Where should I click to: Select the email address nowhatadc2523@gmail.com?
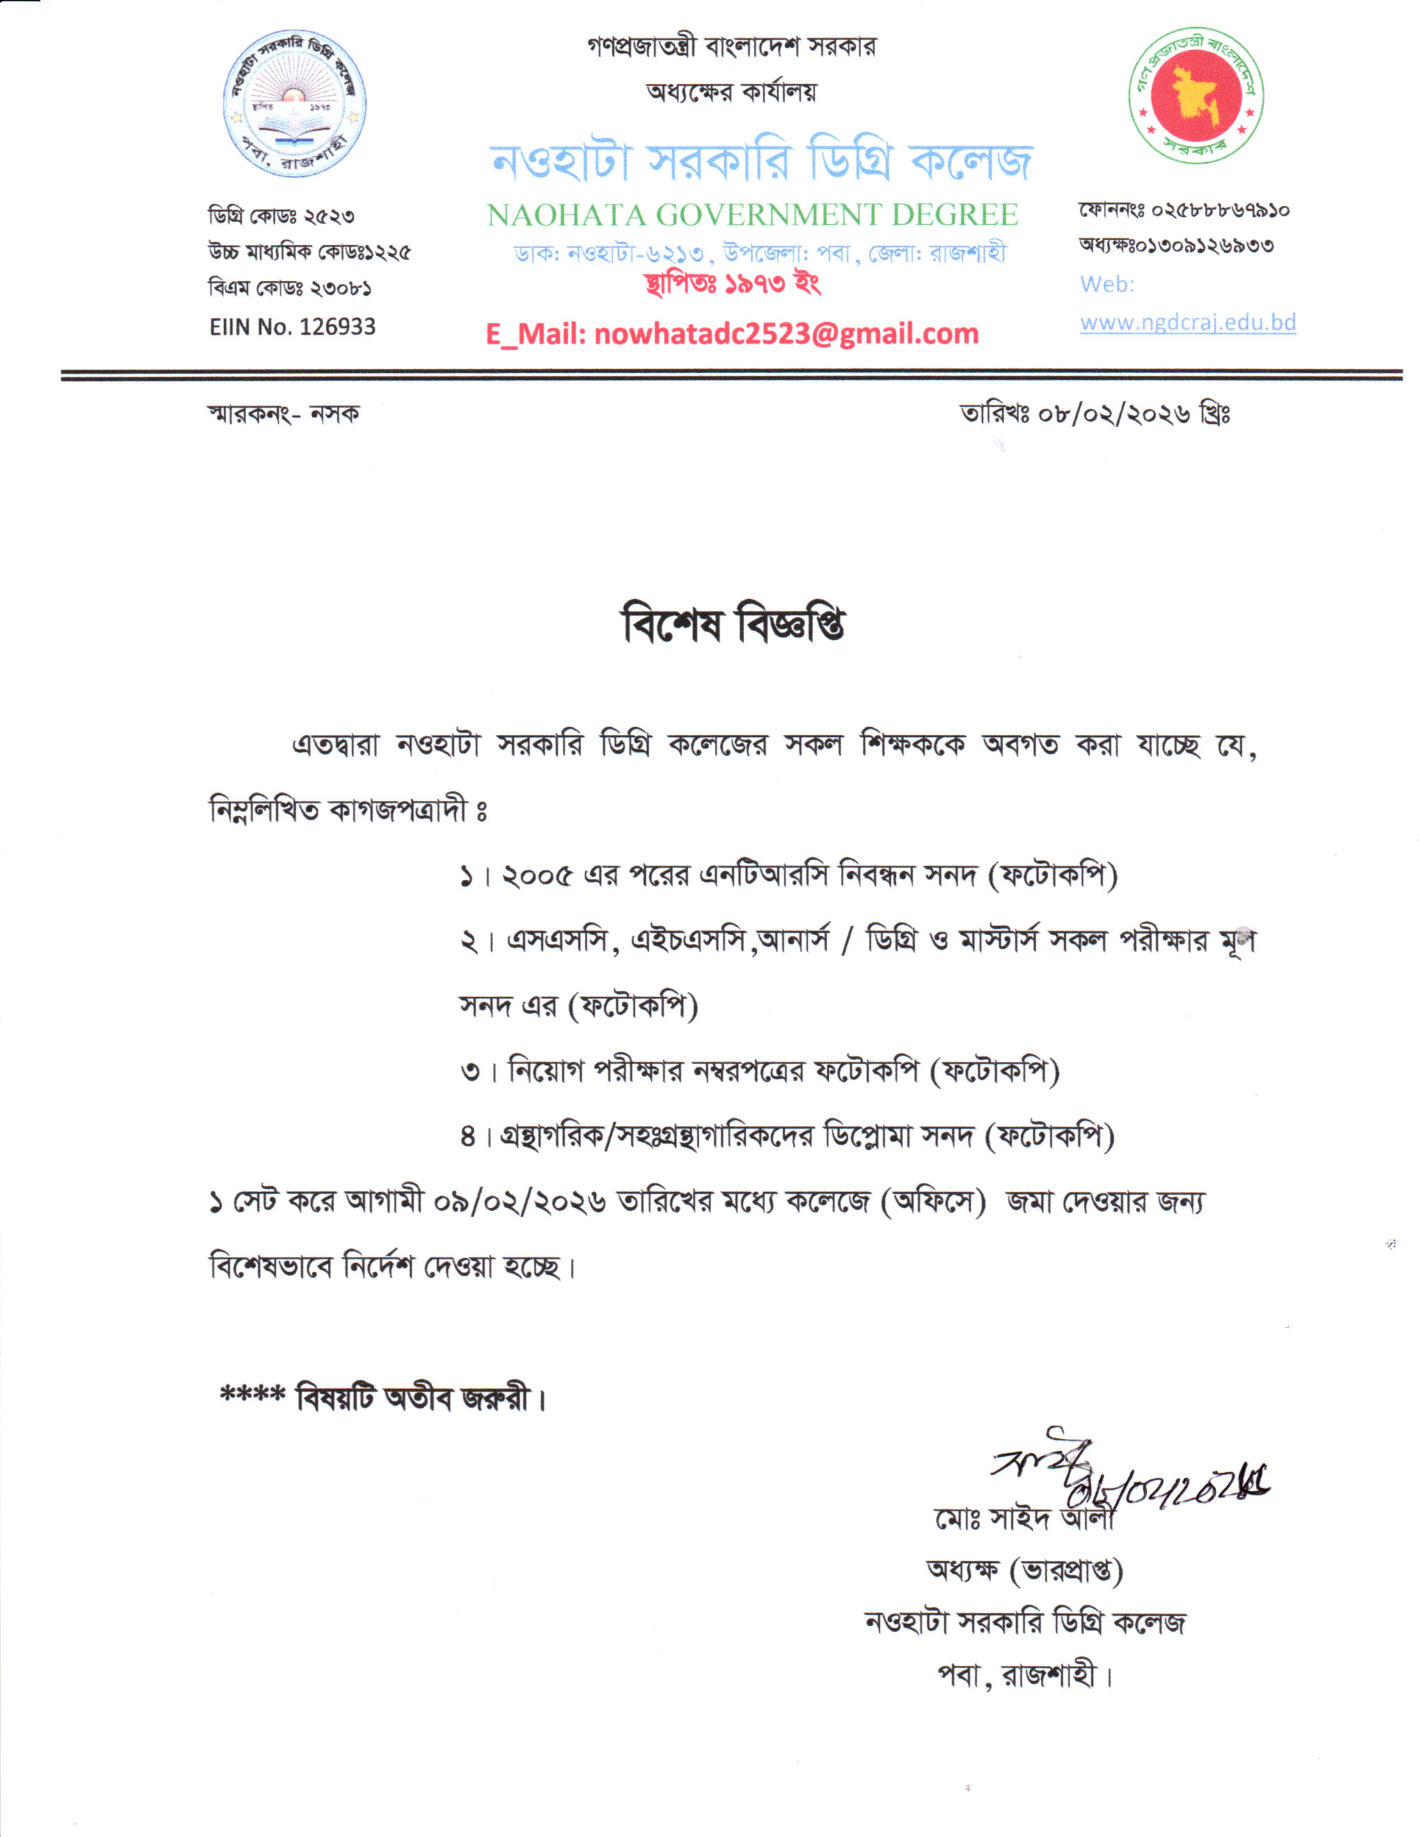point(786,334)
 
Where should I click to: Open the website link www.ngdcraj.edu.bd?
point(1187,322)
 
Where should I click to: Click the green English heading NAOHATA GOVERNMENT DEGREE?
point(752,215)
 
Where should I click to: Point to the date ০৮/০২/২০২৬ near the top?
point(1114,414)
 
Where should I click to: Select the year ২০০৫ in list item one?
point(536,877)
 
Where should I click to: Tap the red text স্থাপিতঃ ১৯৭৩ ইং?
point(732,283)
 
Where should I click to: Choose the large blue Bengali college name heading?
point(762,162)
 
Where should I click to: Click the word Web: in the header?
point(1107,285)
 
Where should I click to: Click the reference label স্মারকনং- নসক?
point(283,414)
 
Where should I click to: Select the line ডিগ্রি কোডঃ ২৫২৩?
point(282,216)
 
